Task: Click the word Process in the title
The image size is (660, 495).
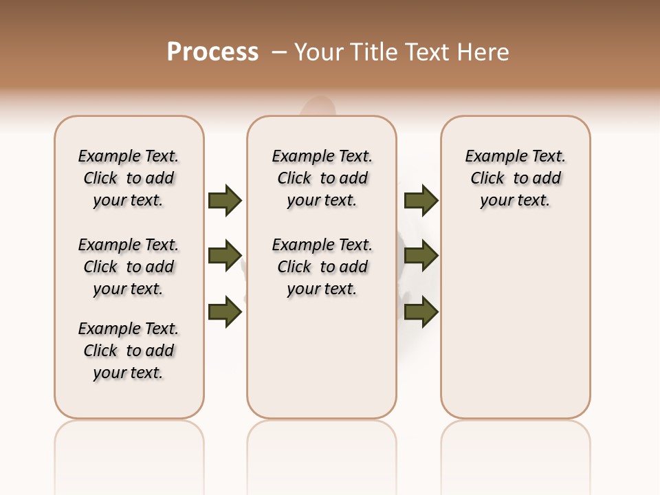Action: (x=212, y=52)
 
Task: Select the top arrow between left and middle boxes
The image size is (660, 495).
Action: (x=225, y=200)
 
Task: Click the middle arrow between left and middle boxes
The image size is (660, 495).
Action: (x=225, y=256)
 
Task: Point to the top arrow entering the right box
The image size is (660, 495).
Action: (x=421, y=200)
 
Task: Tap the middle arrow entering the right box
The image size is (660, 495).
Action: (x=421, y=256)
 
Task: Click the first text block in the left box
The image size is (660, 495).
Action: (x=129, y=178)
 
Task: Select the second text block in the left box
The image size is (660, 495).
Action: (x=129, y=267)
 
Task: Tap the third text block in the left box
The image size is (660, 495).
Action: (x=129, y=351)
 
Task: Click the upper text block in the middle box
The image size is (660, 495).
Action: (x=322, y=178)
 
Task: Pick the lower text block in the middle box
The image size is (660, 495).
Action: (x=322, y=267)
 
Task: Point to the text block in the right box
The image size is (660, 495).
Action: (x=516, y=178)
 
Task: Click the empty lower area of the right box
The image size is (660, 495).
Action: (x=516, y=323)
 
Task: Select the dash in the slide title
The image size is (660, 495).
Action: (x=280, y=52)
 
